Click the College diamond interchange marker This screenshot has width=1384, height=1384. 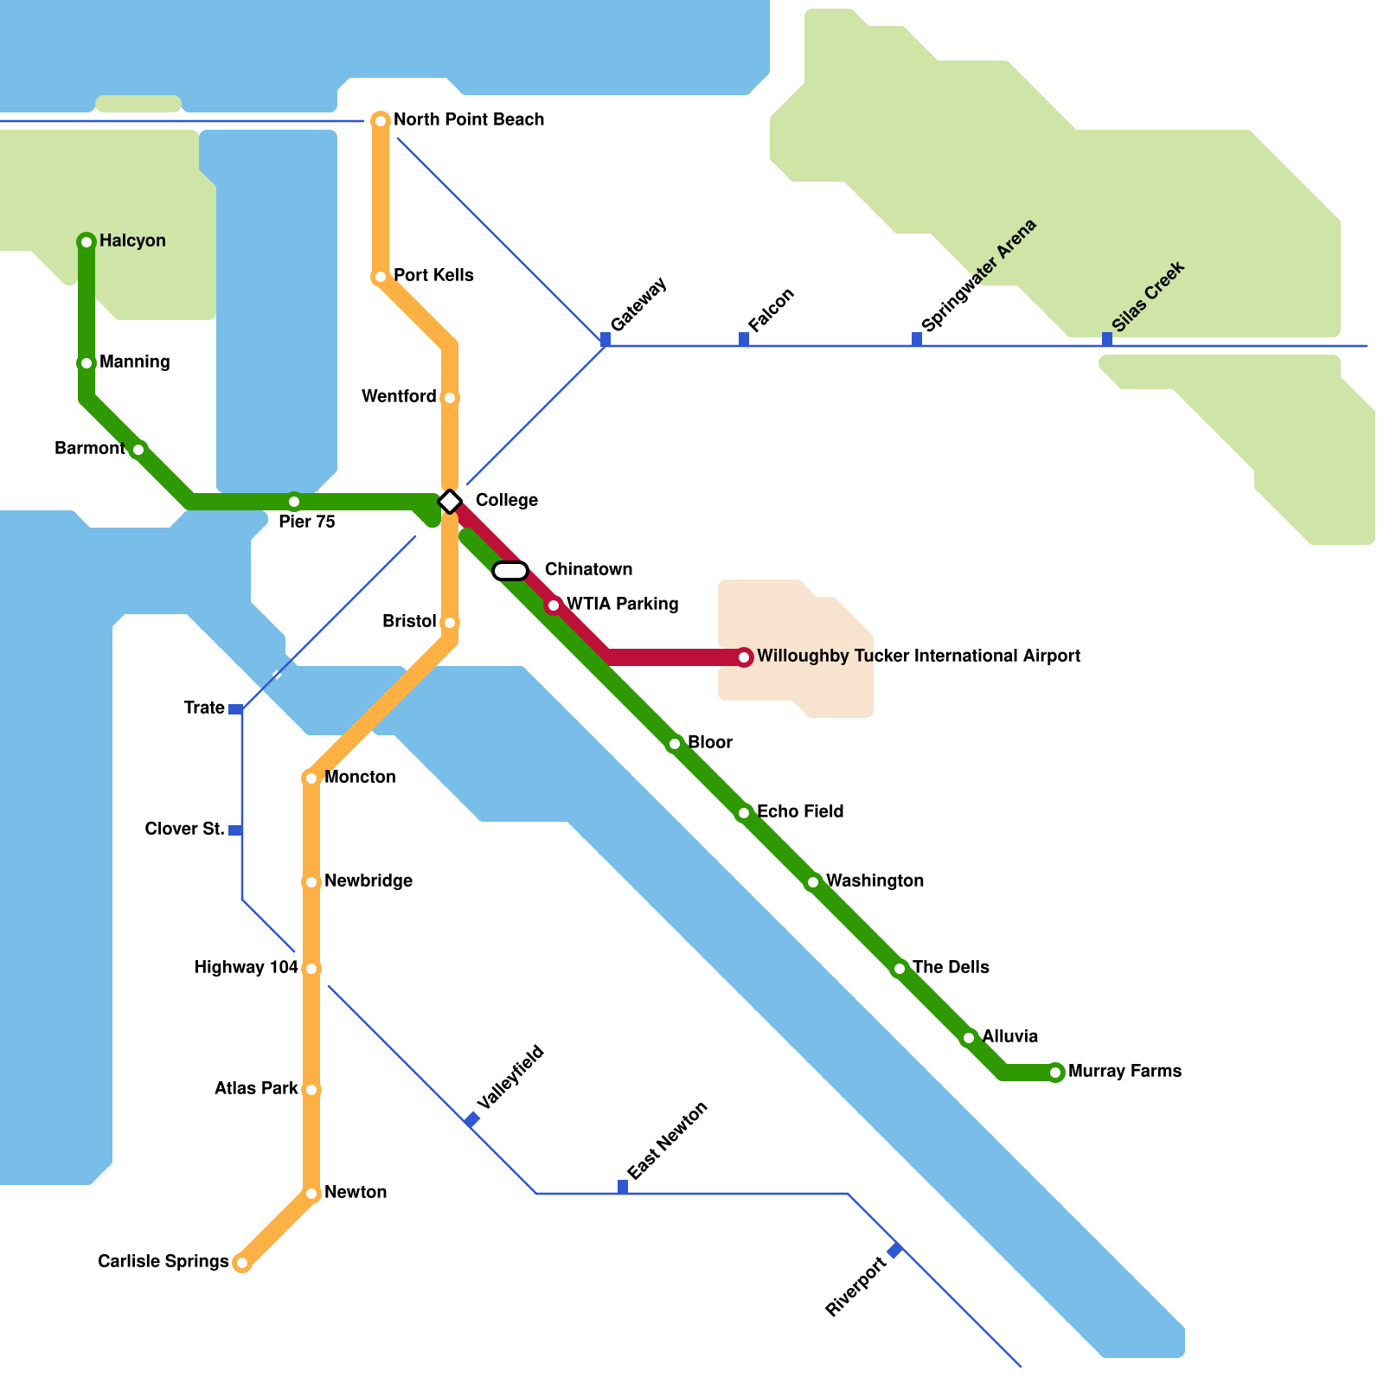click(x=450, y=501)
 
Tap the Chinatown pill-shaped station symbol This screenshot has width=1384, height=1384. click(x=510, y=571)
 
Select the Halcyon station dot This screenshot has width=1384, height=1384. click(x=86, y=241)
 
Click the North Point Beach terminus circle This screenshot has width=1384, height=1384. click(x=381, y=120)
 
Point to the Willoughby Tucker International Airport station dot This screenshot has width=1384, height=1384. click(x=744, y=657)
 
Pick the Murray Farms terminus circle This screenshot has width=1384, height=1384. click(x=1055, y=1073)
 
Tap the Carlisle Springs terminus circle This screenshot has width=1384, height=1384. click(x=242, y=1263)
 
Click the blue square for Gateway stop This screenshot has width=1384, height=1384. click(x=605, y=339)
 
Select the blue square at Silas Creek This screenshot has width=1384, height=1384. click(x=1107, y=339)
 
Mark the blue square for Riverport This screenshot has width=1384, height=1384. click(x=895, y=1251)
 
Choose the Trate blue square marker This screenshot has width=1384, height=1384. click(x=235, y=709)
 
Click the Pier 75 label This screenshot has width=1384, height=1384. click(x=306, y=522)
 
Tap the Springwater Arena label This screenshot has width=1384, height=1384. click(x=978, y=276)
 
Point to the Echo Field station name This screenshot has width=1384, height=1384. click(x=800, y=811)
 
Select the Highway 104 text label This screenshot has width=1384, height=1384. click(x=247, y=967)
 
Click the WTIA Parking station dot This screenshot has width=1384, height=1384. click(x=554, y=605)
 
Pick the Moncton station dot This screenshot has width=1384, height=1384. click(x=311, y=778)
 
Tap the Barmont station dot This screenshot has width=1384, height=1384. click(x=138, y=449)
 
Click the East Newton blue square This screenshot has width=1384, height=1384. click(x=623, y=1187)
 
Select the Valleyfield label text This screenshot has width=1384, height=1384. click(x=510, y=1077)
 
